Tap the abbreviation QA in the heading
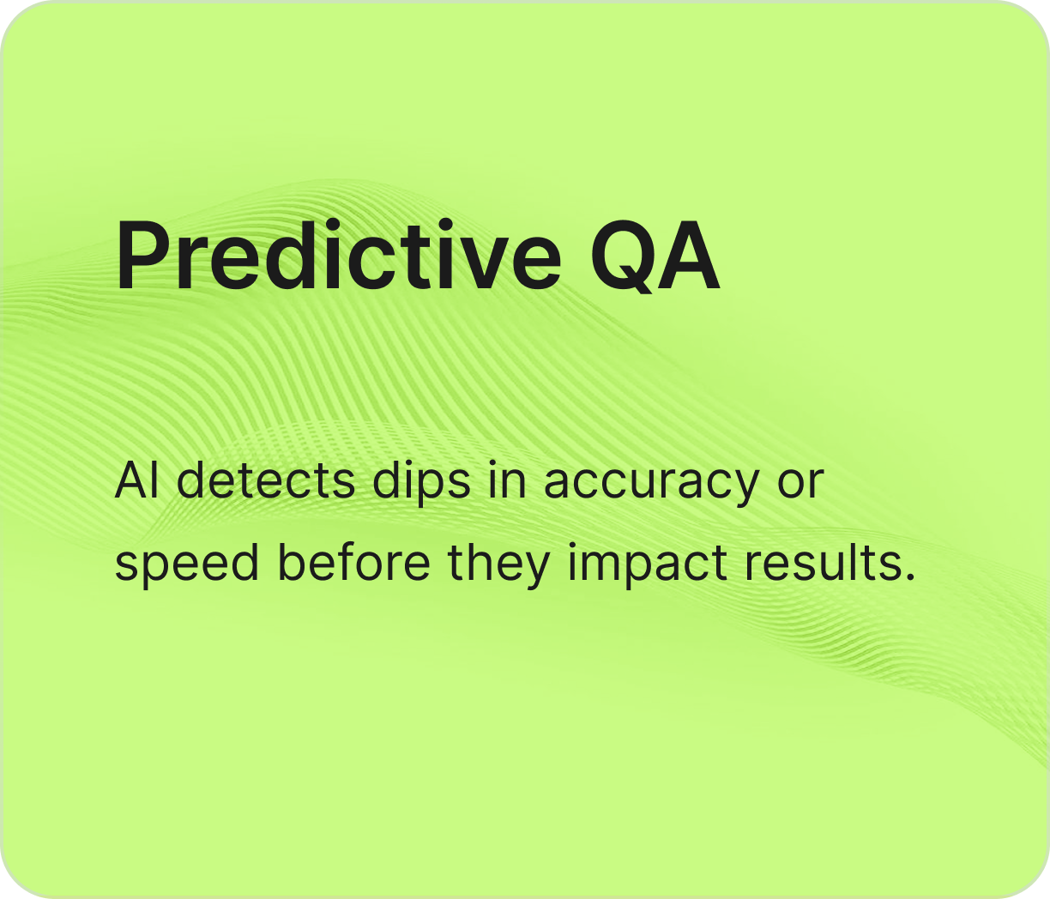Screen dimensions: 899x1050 pos(655,256)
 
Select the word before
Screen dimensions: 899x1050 pos(354,564)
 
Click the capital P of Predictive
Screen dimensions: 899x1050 pos(141,256)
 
